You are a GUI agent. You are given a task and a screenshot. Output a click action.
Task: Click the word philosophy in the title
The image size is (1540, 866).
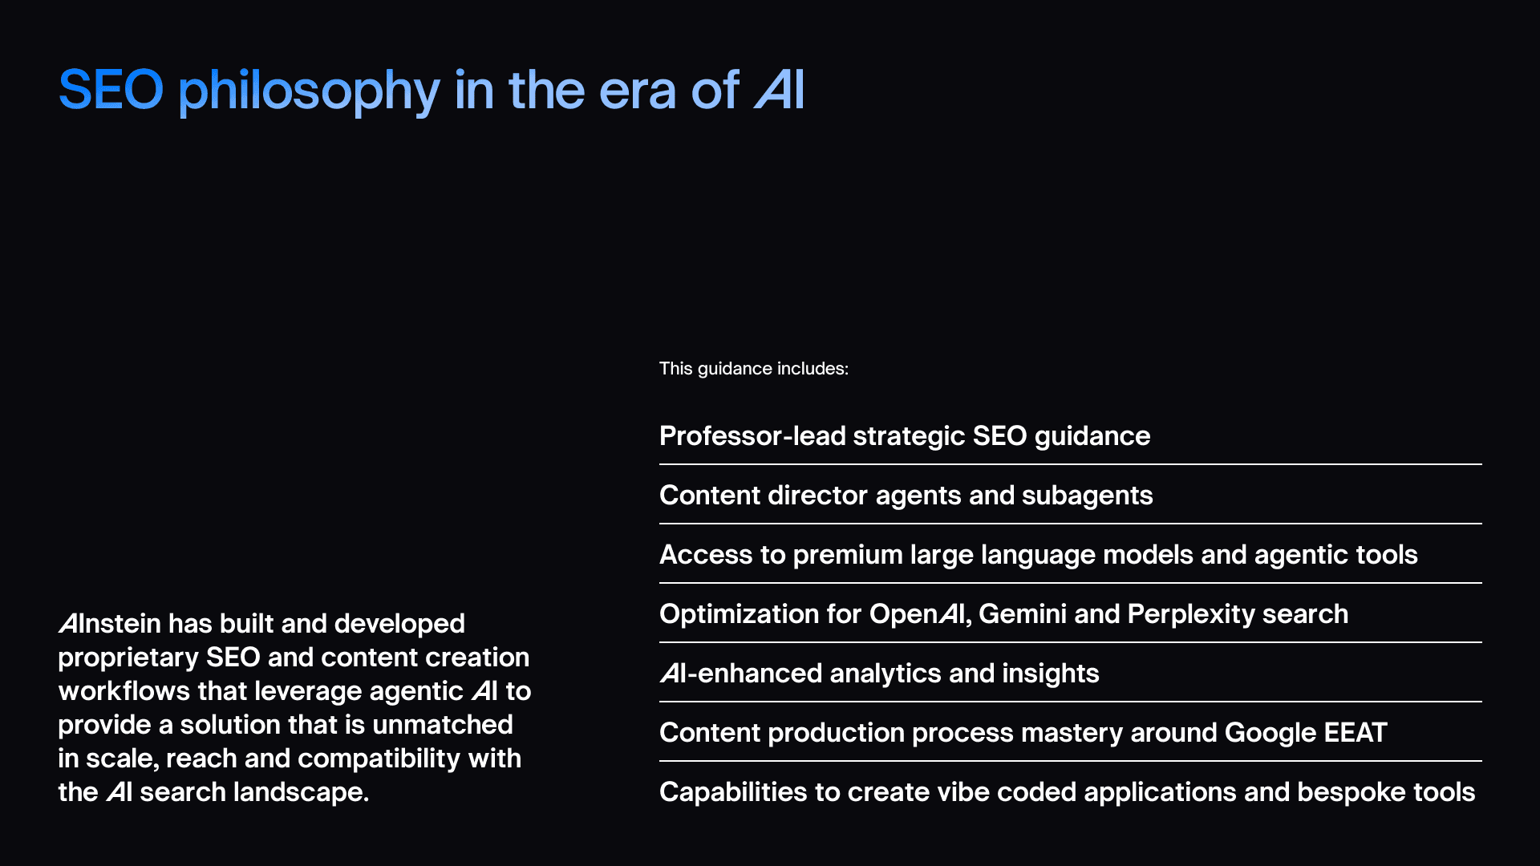click(x=309, y=91)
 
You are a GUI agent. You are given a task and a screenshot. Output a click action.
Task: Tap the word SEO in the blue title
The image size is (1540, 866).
click(x=111, y=89)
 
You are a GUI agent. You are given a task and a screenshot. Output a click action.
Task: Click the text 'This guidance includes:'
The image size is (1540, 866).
click(x=753, y=369)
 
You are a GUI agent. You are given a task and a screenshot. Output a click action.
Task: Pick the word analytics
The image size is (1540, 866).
click(x=885, y=674)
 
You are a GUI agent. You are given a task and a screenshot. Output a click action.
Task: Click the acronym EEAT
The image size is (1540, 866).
click(x=1355, y=733)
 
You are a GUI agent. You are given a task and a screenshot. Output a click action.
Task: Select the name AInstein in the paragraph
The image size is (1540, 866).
click(x=109, y=624)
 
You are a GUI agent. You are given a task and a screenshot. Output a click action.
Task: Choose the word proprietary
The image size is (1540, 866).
click(x=128, y=658)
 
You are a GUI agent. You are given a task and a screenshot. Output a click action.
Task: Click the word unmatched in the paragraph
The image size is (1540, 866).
click(x=443, y=725)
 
